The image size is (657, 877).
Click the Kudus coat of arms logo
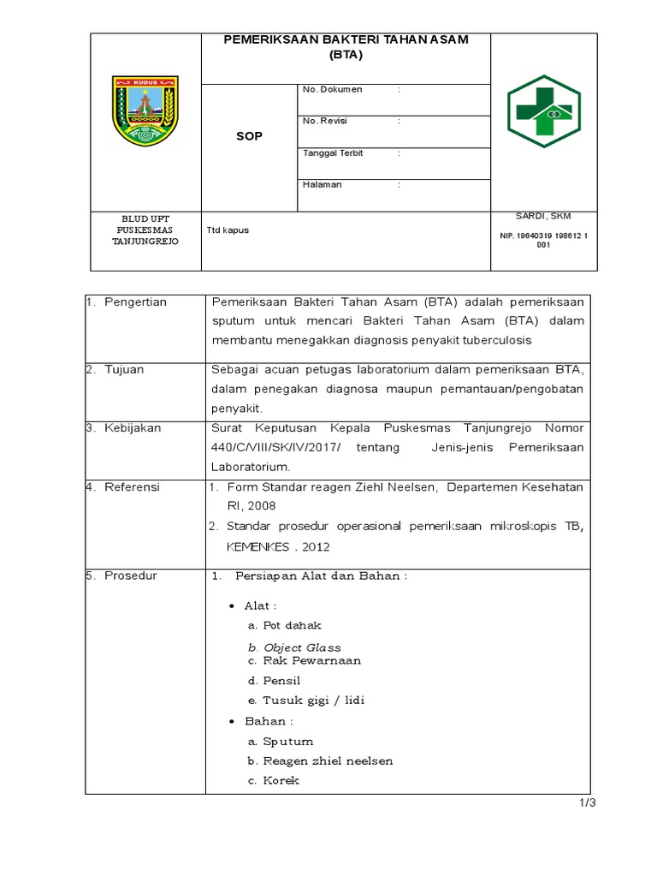[145, 110]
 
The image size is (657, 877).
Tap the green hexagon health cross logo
[543, 110]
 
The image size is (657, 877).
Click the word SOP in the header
[249, 136]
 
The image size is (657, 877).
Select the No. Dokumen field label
[333, 90]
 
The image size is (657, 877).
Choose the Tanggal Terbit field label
[333, 153]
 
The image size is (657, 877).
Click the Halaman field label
[323, 184]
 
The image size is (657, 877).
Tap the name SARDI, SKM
[543, 216]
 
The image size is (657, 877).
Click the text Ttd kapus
[228, 230]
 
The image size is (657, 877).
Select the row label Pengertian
[135, 302]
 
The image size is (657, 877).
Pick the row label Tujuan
[124, 370]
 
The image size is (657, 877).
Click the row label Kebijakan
[132, 427]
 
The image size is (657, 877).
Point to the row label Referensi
[132, 487]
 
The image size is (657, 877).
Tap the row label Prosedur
[130, 576]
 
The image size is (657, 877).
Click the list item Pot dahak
[292, 625]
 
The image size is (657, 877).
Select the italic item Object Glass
[301, 647]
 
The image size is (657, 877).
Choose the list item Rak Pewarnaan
[311, 660]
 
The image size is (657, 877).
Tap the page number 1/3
[586, 803]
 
